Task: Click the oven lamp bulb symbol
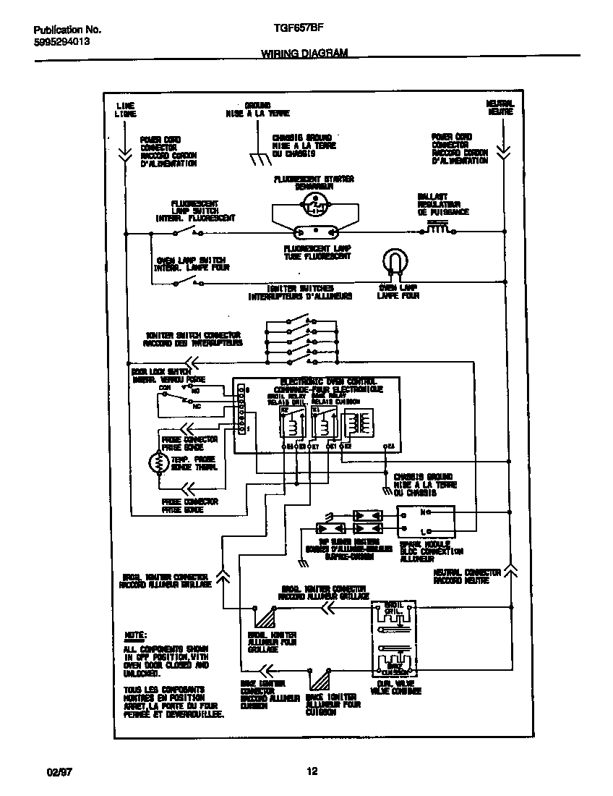(x=395, y=262)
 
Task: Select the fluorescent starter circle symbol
(x=314, y=206)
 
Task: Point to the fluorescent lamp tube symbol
(x=315, y=233)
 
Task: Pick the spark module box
(x=426, y=522)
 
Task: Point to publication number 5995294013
(x=62, y=42)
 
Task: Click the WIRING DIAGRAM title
(x=304, y=54)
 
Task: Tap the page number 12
(x=312, y=771)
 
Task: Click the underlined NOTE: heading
(x=135, y=634)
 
